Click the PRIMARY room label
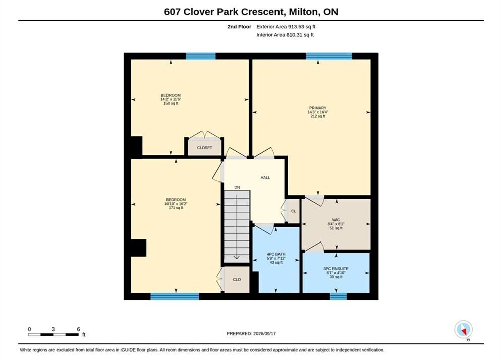tap(317, 108)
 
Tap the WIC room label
tap(336, 220)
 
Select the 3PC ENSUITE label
tap(336, 269)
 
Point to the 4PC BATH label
tap(276, 254)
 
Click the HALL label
tap(265, 178)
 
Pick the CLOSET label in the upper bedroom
tap(204, 148)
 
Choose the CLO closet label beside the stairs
tap(237, 279)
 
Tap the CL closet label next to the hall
tap(294, 211)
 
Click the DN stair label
tap(237, 187)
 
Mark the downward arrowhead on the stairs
tap(237, 257)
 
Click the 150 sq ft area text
tap(171, 104)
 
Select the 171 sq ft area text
tap(176, 208)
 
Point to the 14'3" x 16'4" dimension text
tap(317, 112)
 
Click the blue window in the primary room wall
tap(329, 56)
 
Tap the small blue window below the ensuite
tap(338, 297)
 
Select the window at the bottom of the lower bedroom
tap(175, 297)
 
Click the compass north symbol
tap(463, 329)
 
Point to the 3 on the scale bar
tap(53, 329)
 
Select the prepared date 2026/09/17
tap(264, 334)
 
